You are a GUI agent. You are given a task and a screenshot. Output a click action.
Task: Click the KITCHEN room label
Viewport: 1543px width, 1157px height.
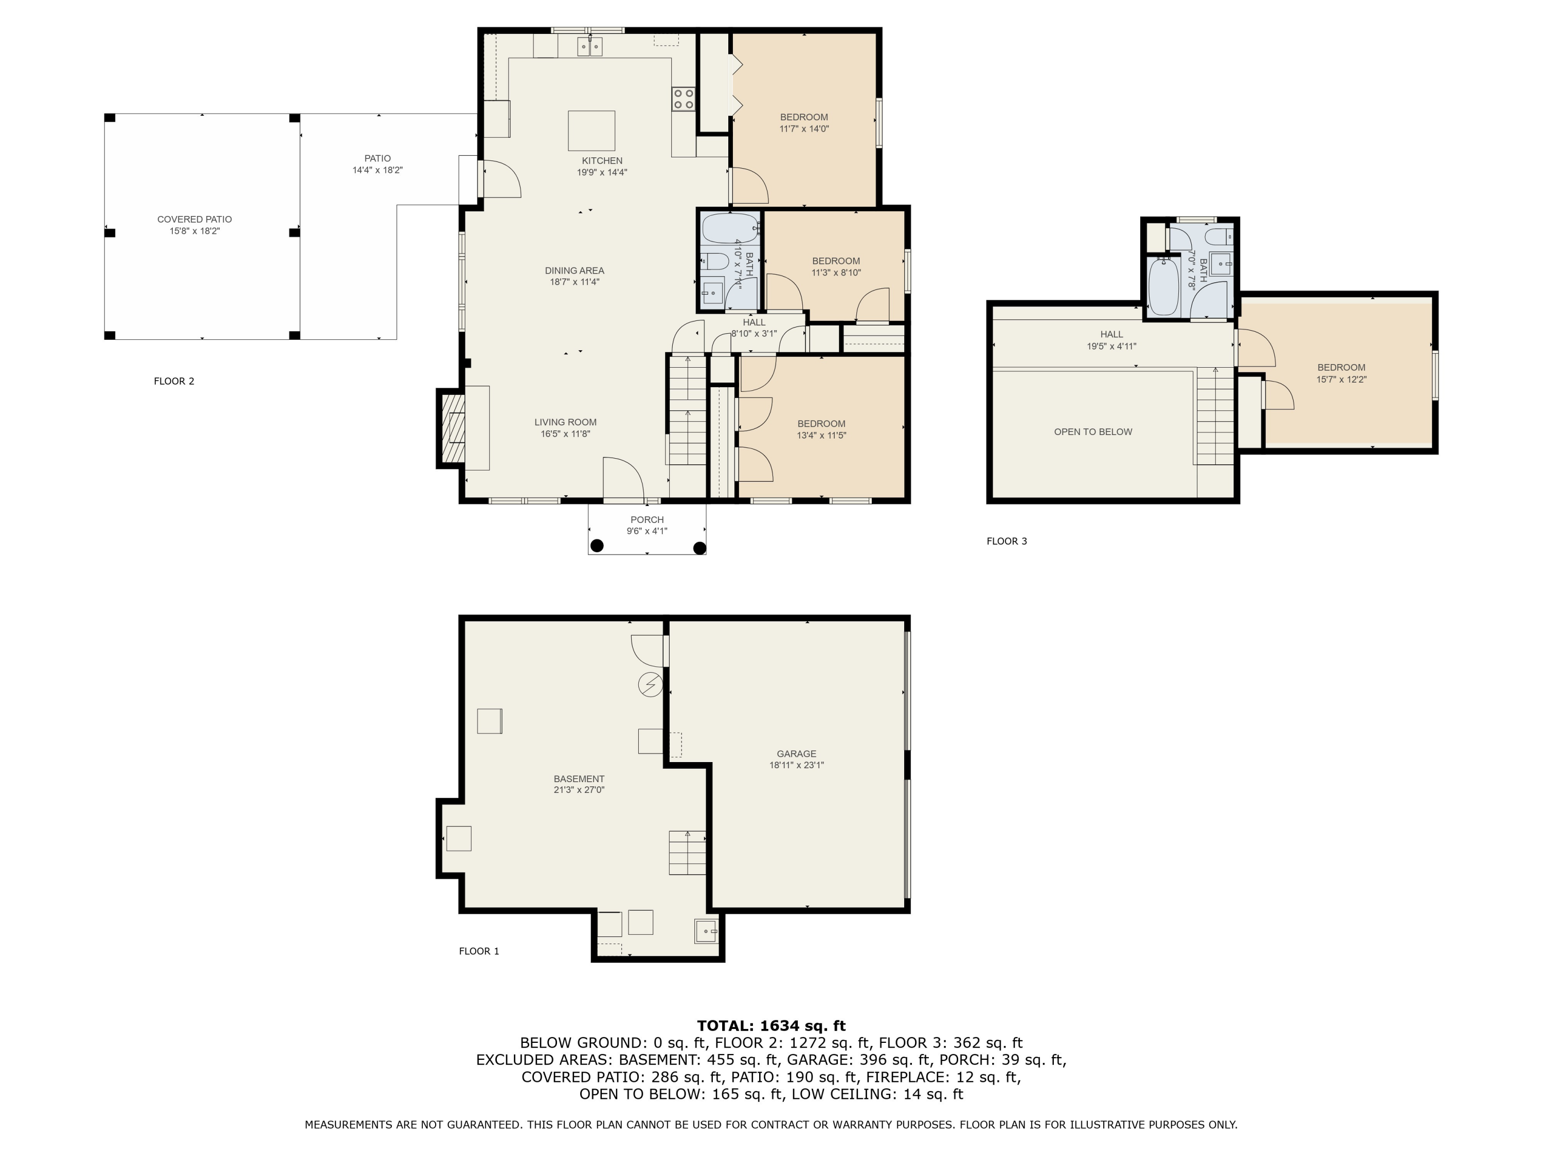(x=602, y=161)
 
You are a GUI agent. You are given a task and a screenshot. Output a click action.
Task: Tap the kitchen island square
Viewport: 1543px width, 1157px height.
(x=591, y=131)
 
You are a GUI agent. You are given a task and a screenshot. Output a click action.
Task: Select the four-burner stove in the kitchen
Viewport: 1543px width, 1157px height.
(x=684, y=98)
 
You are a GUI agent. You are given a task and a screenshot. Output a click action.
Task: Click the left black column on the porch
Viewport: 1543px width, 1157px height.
(x=597, y=546)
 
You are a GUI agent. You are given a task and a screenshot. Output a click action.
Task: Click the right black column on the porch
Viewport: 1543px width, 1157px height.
(x=699, y=548)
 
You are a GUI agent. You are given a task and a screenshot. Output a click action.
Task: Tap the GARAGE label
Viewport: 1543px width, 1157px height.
(x=797, y=754)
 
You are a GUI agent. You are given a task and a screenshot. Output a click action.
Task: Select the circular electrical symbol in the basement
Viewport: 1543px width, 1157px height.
(x=650, y=684)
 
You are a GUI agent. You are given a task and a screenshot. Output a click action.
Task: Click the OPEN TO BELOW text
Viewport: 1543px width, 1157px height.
(x=1093, y=432)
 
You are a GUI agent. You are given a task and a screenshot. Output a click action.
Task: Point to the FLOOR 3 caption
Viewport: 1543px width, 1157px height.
(x=1007, y=541)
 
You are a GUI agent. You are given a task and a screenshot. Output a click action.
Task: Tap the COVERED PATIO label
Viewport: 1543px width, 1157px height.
(x=194, y=220)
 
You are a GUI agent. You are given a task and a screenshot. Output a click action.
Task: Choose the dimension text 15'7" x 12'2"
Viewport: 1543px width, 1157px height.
(x=1341, y=380)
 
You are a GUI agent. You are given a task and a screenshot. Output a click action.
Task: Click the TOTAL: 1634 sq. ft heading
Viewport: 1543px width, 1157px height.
(x=771, y=1026)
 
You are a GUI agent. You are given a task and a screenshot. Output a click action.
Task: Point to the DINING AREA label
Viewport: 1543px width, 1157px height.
(x=575, y=270)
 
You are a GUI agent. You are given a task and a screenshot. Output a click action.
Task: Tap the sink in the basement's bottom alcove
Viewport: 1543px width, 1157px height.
(x=706, y=931)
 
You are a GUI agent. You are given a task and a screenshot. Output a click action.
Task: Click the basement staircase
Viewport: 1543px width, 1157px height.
(x=688, y=853)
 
